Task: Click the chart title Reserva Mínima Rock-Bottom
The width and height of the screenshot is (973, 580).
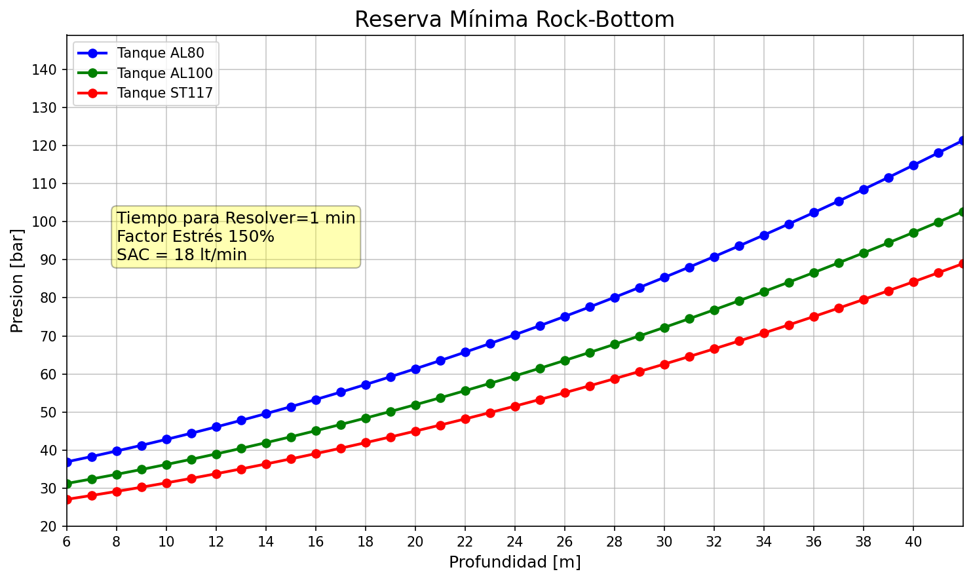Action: pyautogui.click(x=514, y=20)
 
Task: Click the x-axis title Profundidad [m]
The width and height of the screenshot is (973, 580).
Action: pyautogui.click(x=514, y=562)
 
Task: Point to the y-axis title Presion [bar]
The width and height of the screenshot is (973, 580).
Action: pyautogui.click(x=18, y=280)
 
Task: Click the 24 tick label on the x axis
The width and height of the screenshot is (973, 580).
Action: pyautogui.click(x=514, y=542)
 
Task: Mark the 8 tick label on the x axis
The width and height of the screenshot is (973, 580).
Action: pyautogui.click(x=117, y=542)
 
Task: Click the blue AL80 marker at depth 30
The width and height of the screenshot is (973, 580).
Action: pyautogui.click(x=664, y=277)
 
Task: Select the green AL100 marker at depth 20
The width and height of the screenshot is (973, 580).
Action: pyautogui.click(x=415, y=405)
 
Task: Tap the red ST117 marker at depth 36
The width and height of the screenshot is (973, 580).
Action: pyautogui.click(x=814, y=317)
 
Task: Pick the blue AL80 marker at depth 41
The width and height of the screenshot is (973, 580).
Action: pyautogui.click(x=938, y=153)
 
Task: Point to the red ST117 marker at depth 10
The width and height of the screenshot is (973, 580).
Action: pyautogui.click(x=166, y=483)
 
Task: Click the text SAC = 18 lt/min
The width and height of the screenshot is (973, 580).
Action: pyautogui.click(x=181, y=255)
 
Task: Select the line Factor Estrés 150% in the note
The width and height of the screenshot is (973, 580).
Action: pyautogui.click(x=195, y=237)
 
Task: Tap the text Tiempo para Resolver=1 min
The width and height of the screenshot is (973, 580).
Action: pyautogui.click(x=236, y=218)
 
